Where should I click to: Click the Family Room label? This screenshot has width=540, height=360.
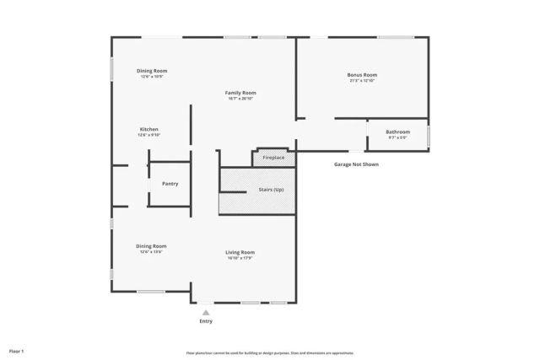tap(240, 93)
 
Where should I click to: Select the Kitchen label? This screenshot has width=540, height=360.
tap(149, 129)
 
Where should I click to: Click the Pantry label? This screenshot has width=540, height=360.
tap(170, 184)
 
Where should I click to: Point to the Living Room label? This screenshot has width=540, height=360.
tap(240, 252)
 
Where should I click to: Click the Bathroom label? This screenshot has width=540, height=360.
tap(397, 132)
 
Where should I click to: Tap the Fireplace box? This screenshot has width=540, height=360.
tap(273, 158)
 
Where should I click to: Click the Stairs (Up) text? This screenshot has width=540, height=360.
tap(271, 190)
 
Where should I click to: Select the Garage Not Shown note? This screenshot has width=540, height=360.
tap(356, 164)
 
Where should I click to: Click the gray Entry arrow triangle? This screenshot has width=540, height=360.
tap(205, 312)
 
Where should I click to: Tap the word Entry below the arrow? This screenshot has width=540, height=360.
tap(205, 322)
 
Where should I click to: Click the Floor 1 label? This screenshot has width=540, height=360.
tap(17, 350)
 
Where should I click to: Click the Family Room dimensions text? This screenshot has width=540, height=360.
tap(240, 99)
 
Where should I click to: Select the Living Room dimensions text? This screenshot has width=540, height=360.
tap(240, 258)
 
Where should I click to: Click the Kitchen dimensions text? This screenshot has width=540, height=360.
tap(149, 135)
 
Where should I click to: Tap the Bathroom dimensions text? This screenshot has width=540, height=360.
tap(397, 137)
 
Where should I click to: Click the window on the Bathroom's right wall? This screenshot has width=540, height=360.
tap(429, 135)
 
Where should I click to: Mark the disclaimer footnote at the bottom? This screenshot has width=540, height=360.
tap(269, 352)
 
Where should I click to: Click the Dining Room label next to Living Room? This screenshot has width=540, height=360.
tap(151, 246)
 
